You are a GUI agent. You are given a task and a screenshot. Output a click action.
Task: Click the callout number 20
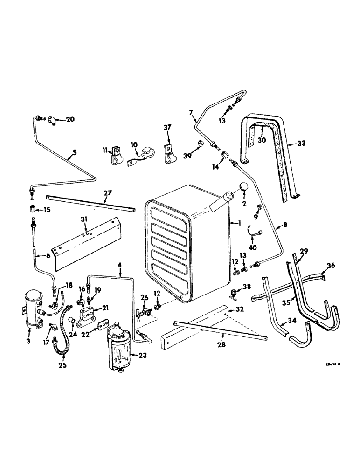pos(70,119)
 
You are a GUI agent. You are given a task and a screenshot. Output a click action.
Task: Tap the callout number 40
pos(252,248)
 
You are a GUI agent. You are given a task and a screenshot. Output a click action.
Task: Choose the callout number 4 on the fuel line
pos(120,267)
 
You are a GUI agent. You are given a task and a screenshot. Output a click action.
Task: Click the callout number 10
pos(134,144)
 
